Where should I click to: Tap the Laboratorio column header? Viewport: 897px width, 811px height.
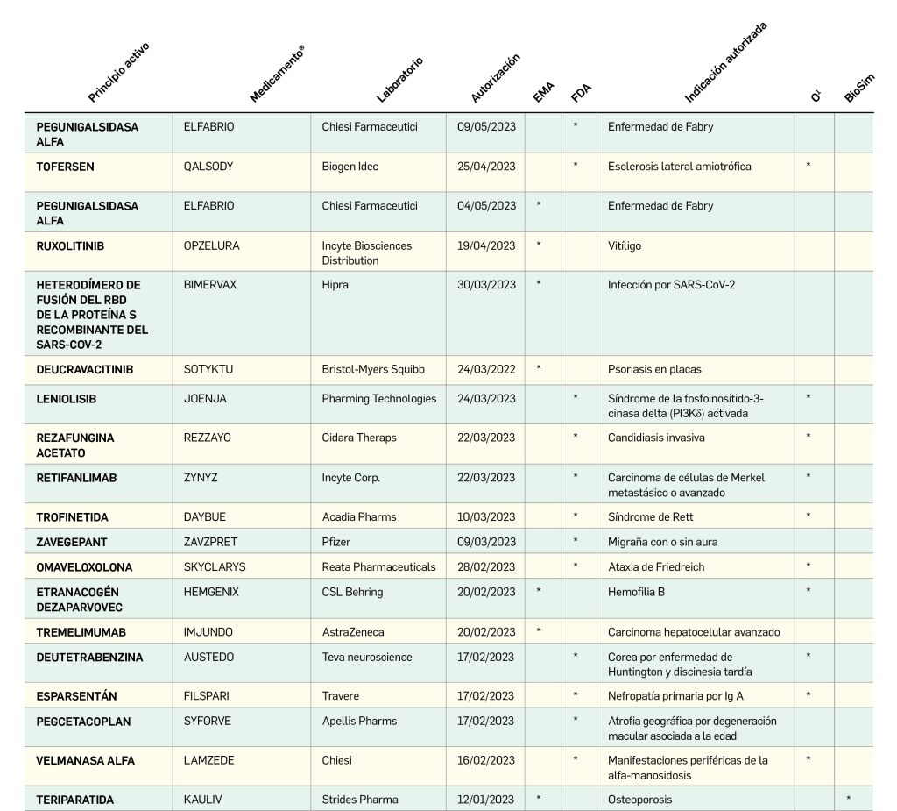click(x=399, y=80)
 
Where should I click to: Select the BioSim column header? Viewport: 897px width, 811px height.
click(x=859, y=88)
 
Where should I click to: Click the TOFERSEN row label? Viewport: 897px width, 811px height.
click(x=66, y=167)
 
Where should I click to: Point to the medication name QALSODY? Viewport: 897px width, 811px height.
click(x=208, y=167)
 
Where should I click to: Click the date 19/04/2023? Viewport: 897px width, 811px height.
click(x=486, y=246)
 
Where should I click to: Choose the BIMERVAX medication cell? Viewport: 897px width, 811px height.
click(x=210, y=285)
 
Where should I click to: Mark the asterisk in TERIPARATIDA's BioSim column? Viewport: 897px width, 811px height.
click(x=849, y=799)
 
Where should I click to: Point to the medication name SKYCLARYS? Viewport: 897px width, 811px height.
click(x=215, y=567)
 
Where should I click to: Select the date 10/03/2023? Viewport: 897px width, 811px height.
click(x=486, y=517)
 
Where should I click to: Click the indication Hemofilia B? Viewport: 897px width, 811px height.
click(x=636, y=593)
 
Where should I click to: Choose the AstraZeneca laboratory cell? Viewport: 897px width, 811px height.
click(x=353, y=632)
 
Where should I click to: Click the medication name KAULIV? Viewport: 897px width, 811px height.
click(x=203, y=800)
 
